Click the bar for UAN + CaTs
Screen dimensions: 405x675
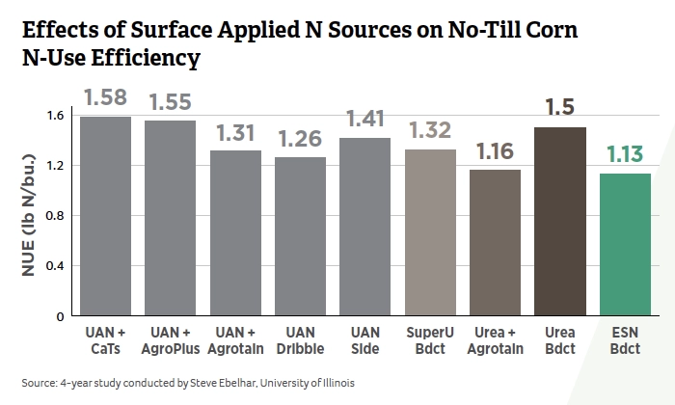pyautogui.click(x=106, y=216)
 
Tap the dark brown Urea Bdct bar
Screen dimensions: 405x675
pyautogui.click(x=559, y=221)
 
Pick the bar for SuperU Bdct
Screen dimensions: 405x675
pyautogui.click(x=430, y=232)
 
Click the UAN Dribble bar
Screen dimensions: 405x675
pyautogui.click(x=300, y=236)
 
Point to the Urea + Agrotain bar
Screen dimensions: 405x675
pyautogui.click(x=495, y=242)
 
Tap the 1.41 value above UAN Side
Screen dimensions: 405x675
pyautogui.click(x=365, y=121)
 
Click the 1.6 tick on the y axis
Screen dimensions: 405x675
pyautogui.click(x=54, y=116)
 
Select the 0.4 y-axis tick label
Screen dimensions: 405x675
pyautogui.click(x=54, y=266)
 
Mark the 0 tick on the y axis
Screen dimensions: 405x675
pyautogui.click(x=60, y=316)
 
